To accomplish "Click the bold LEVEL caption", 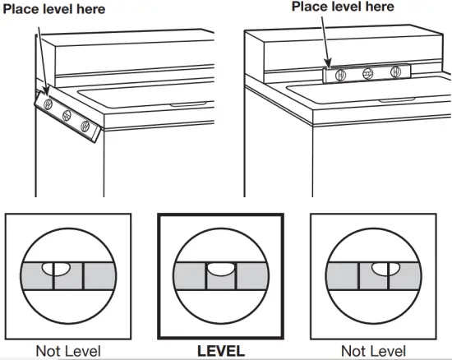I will pyautogui.click(x=220, y=351).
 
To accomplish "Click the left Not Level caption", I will pyautogui.click(x=68, y=351).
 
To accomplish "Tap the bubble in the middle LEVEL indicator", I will pyautogui.click(x=220, y=268).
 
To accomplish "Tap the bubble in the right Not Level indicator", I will pyautogui.click(x=381, y=267).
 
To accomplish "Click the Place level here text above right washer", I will pyautogui.click(x=343, y=7).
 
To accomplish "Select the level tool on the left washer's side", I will pyautogui.click(x=67, y=116).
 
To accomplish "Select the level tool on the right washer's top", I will pyautogui.click(x=368, y=72).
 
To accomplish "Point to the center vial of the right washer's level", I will pyautogui.click(x=368, y=72).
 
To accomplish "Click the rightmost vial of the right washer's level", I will pyautogui.click(x=396, y=72).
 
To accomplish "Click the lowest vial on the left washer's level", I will pyautogui.click(x=85, y=127).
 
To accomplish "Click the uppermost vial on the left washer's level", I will pyautogui.click(x=48, y=105).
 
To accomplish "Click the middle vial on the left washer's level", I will pyautogui.click(x=67, y=116).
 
